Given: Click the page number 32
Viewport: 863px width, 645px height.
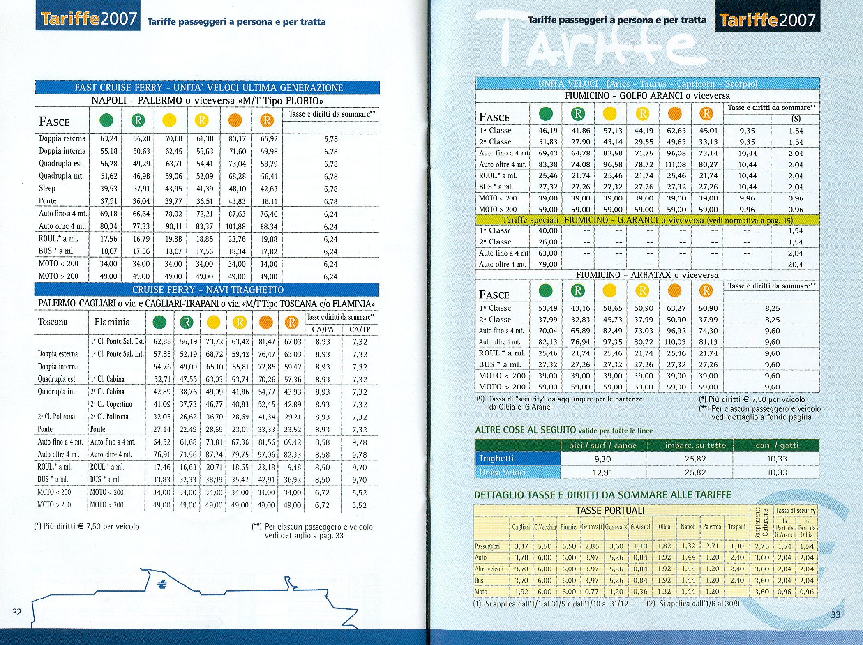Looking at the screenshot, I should pos(17,612).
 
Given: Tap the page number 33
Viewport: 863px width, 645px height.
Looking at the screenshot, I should pos(835,615).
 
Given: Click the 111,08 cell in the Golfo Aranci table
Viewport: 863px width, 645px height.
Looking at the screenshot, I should pos(676,164).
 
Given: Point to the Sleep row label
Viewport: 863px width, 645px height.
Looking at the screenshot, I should pos(47,189).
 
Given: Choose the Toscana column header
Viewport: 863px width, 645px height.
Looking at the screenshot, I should pos(53,322).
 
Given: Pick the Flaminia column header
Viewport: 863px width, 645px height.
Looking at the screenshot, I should pos(112,322).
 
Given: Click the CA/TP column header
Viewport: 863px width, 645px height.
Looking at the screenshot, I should pos(360,329).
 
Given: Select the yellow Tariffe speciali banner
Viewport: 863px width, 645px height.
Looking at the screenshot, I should pos(647,220).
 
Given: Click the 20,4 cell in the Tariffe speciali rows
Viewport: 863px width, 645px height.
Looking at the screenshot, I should pos(795,265).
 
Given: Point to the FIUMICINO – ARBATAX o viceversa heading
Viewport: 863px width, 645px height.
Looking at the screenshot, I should pos(647,275).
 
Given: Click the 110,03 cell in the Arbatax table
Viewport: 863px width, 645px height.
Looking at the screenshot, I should pos(676,342).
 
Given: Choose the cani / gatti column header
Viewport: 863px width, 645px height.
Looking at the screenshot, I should pos(777,445).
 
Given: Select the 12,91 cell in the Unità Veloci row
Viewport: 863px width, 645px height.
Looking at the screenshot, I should pos(602,472).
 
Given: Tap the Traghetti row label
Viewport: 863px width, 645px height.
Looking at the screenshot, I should pos(496,458).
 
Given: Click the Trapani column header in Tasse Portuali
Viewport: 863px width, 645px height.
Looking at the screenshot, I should pos(736,527).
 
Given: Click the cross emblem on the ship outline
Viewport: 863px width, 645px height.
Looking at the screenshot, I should pos(162,584).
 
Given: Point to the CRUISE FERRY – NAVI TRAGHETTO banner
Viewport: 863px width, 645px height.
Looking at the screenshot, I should pos(208,290).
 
